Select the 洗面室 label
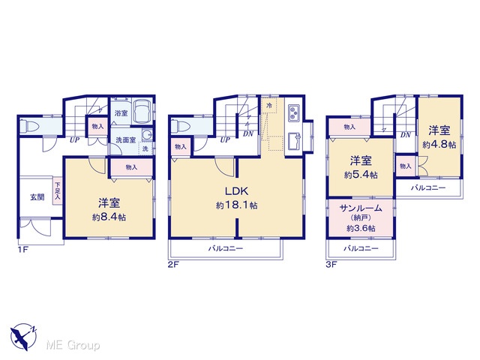pos(125,140)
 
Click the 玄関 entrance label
pos(37,197)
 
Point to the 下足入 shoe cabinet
pos(58,191)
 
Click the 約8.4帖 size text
pos(109,217)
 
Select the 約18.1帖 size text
pos(236,205)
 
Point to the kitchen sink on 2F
pos(294,142)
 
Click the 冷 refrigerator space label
pos(269,106)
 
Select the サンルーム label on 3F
pos(361,208)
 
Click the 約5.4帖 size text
pos(361,175)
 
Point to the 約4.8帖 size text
pos(439,145)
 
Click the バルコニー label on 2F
pos(226,248)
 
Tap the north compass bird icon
pos(22,337)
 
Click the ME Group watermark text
pos(73,345)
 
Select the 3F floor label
pos(331,265)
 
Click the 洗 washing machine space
pos(145,149)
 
